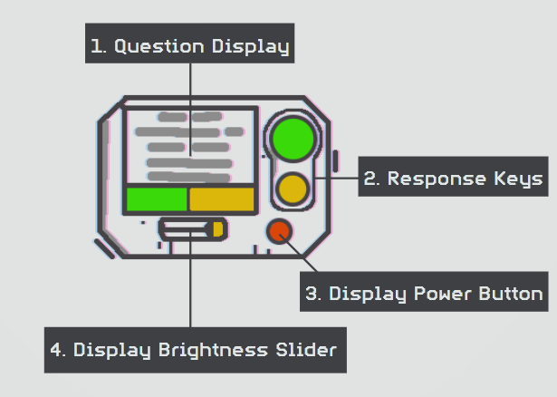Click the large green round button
pos(292,139)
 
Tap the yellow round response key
pos(293,189)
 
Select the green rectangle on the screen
pos(157,199)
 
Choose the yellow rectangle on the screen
pos(221,199)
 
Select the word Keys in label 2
pos(519,179)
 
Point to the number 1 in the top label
pos(97,45)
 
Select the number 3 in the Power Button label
pos(311,294)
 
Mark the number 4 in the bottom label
pos(57,350)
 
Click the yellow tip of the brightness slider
pos(217,228)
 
